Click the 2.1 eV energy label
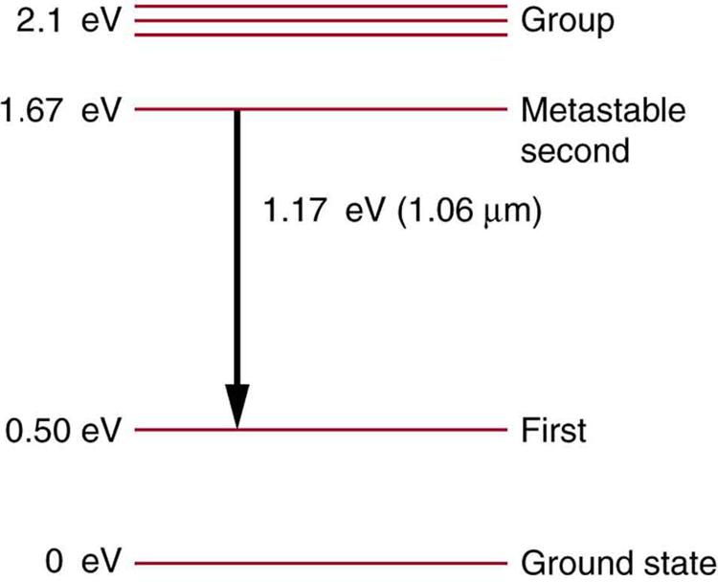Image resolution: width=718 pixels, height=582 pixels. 69,21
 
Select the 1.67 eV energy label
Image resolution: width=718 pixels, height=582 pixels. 61,110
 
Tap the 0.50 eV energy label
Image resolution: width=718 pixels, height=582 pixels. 63,431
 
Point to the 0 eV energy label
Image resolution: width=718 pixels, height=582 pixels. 83,561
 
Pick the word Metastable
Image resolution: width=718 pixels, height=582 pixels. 603,110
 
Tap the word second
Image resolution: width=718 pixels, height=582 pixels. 574,150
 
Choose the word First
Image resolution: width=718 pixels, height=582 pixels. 553,431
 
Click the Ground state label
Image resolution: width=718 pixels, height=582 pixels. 618,562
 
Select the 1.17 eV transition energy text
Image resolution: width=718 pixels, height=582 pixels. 324,211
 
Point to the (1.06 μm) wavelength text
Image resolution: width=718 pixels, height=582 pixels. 469,212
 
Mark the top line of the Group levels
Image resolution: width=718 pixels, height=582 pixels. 321,7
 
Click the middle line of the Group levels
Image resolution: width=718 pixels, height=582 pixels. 321,21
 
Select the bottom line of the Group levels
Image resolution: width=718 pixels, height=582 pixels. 321,34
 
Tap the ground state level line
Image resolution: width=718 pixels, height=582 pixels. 321,563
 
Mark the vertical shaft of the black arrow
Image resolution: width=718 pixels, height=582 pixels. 237,247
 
